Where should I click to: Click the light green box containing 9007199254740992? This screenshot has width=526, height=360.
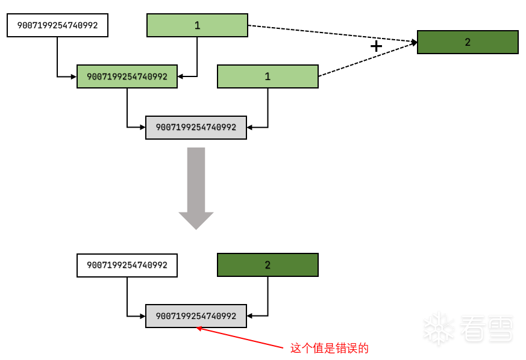coord(127,76)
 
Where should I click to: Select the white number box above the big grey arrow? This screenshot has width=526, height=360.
coord(57,25)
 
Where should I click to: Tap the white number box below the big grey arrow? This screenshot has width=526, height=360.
coord(127,265)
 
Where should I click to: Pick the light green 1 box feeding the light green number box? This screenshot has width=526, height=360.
coord(197,25)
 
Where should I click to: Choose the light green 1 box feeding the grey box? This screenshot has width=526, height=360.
coord(268,76)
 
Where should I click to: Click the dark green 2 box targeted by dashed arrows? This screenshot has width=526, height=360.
coord(468,42)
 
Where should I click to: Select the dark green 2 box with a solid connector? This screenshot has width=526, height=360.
coord(268,265)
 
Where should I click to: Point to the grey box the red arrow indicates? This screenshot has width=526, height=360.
coord(196,315)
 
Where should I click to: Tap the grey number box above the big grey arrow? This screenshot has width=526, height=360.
coord(196,127)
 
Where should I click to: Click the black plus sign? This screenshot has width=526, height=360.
coord(376,46)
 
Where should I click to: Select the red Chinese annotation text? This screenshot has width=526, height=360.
coord(329,348)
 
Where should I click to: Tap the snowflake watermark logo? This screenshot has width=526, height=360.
coord(438,329)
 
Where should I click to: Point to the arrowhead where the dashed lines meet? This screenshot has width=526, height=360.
coord(414,42)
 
